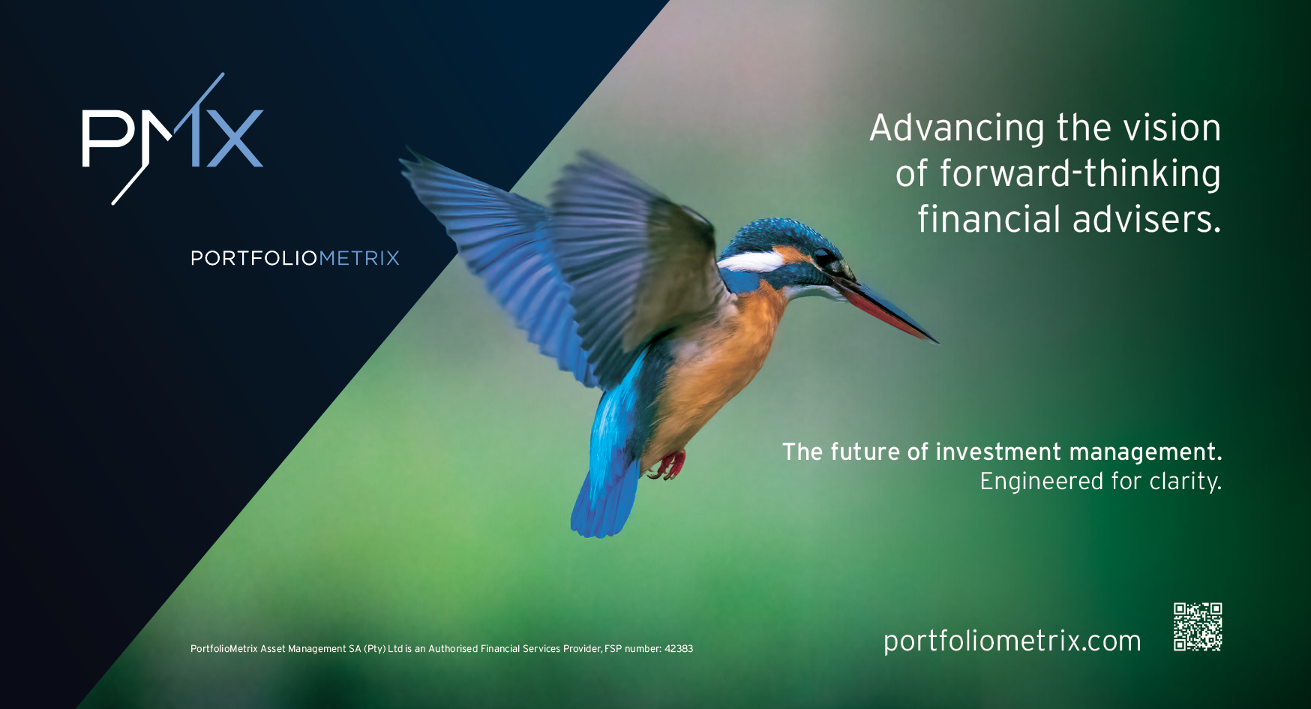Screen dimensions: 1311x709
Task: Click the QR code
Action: [x=1198, y=626]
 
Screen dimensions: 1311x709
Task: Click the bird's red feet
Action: [x=667, y=465]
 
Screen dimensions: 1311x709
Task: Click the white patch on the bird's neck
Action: [x=750, y=262]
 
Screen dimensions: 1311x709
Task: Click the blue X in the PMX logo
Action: [x=232, y=139]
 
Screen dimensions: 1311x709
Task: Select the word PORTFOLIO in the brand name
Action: [x=255, y=258]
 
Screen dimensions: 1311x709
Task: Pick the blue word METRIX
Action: [x=360, y=258]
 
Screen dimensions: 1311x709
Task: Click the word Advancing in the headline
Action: [x=958, y=129]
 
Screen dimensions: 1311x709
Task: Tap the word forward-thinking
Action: [x=1081, y=174]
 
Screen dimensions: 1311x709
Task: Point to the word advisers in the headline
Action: [x=1147, y=219]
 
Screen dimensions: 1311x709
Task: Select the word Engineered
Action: [x=1042, y=482]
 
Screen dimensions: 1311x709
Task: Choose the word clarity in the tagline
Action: [x=1186, y=482]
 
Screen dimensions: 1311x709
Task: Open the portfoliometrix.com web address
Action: [x=1012, y=641]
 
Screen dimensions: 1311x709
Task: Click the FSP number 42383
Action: [x=679, y=649]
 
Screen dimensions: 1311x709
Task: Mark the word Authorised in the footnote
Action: [x=453, y=649]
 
